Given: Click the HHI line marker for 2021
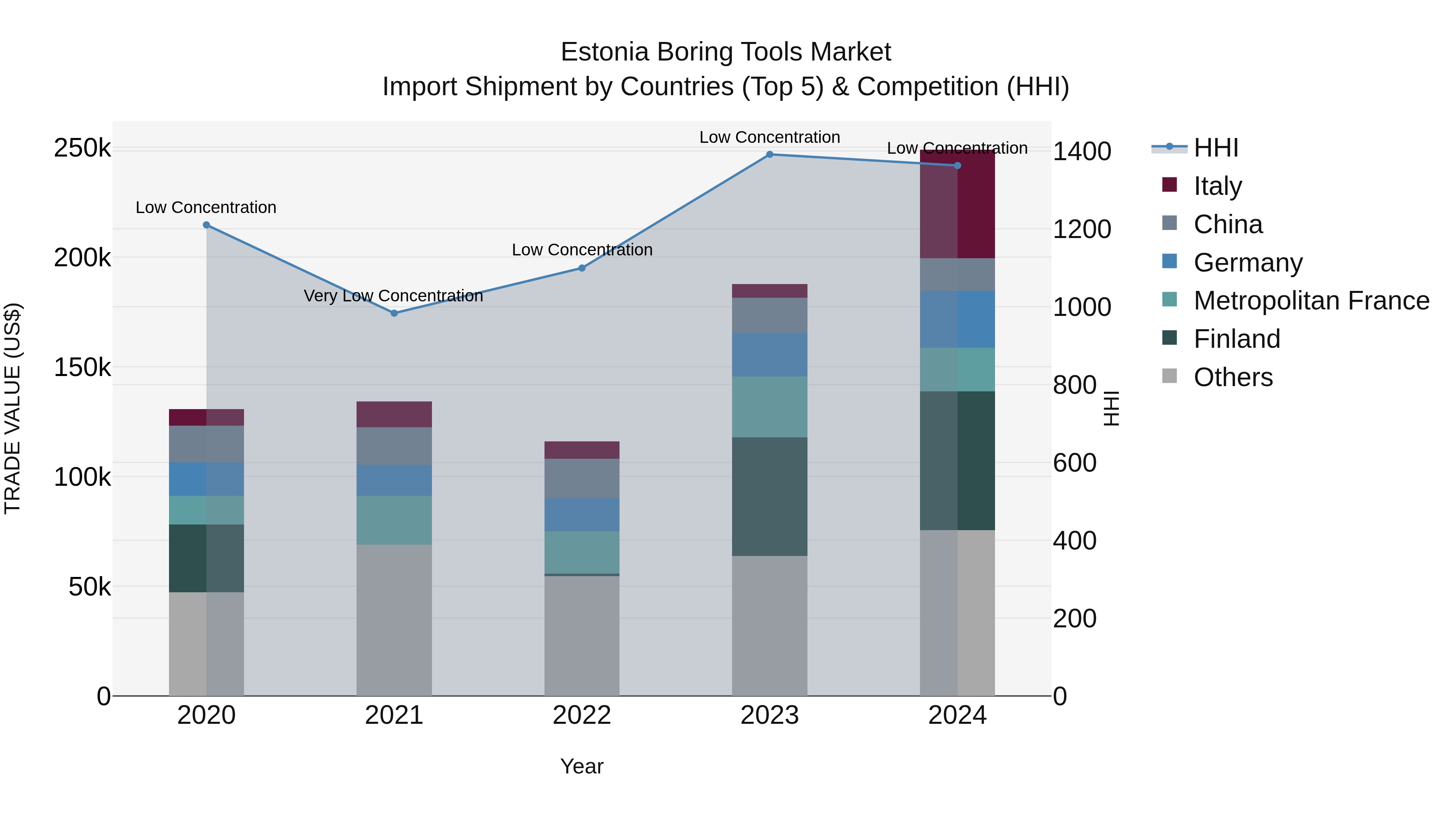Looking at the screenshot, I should click(394, 313).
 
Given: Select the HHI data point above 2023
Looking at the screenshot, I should click(770, 154).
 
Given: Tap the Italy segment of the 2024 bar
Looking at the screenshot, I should click(957, 204).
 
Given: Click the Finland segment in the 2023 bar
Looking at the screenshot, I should click(770, 496).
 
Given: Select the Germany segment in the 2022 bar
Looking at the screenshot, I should click(582, 514).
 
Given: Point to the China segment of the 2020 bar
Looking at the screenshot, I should click(206, 444).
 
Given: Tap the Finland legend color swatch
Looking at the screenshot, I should click(1170, 338).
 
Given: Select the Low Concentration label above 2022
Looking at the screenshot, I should click(582, 249).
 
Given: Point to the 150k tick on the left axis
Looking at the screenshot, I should click(82, 368).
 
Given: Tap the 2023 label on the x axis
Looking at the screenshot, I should click(770, 715).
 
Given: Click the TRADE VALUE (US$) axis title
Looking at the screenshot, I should click(13, 408).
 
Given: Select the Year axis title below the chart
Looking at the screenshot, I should click(582, 766).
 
